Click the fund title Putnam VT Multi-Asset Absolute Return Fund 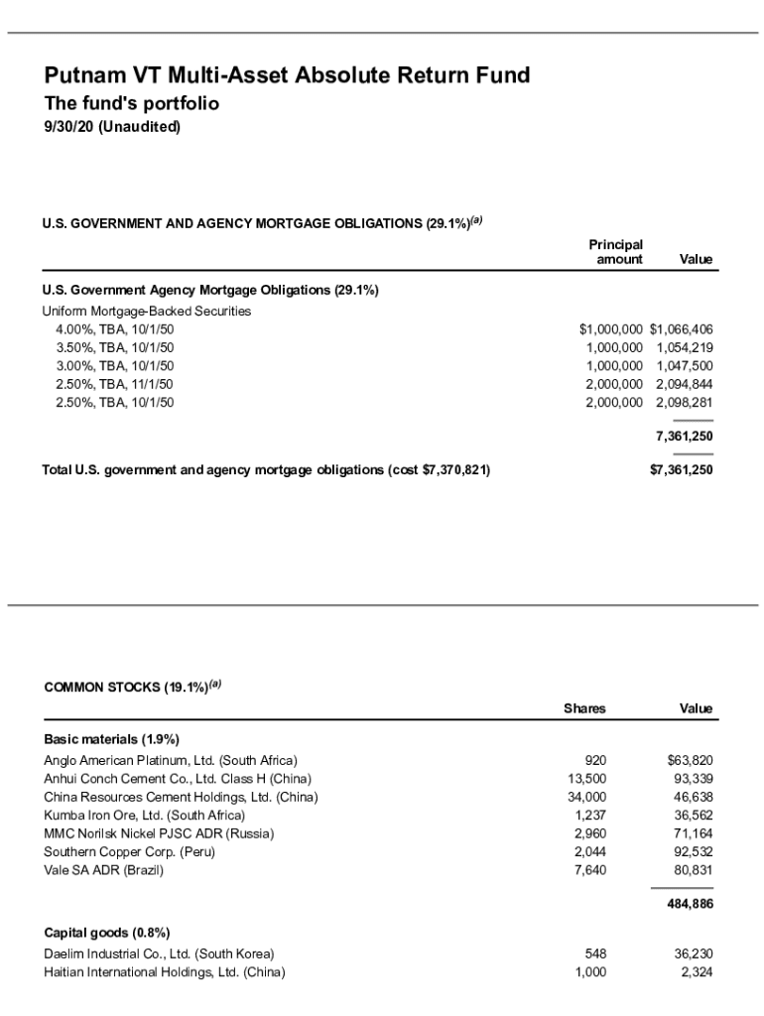287,75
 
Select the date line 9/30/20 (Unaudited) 111,127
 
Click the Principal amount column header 616,252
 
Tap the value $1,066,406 682,329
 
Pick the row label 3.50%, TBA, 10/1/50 114,347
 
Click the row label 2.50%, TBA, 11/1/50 114,384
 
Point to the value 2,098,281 685,403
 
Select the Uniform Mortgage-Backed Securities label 146,311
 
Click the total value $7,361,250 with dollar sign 681,470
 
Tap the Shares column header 584,708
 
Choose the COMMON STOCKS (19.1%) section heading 132,687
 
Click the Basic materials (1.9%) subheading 111,739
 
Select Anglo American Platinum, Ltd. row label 171,761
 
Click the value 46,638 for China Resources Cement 693,797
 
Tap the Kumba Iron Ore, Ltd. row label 144,816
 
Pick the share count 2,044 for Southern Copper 589,852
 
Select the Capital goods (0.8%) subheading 107,933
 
